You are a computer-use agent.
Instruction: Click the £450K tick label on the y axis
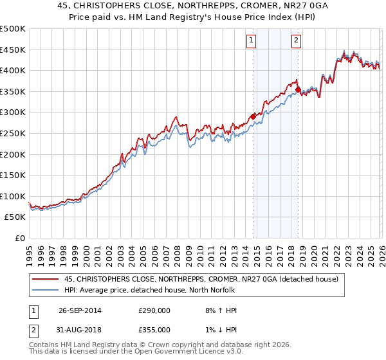tap(14, 50)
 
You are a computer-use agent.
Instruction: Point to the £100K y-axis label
tap(14, 196)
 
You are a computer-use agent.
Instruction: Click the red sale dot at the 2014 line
tap(253, 116)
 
